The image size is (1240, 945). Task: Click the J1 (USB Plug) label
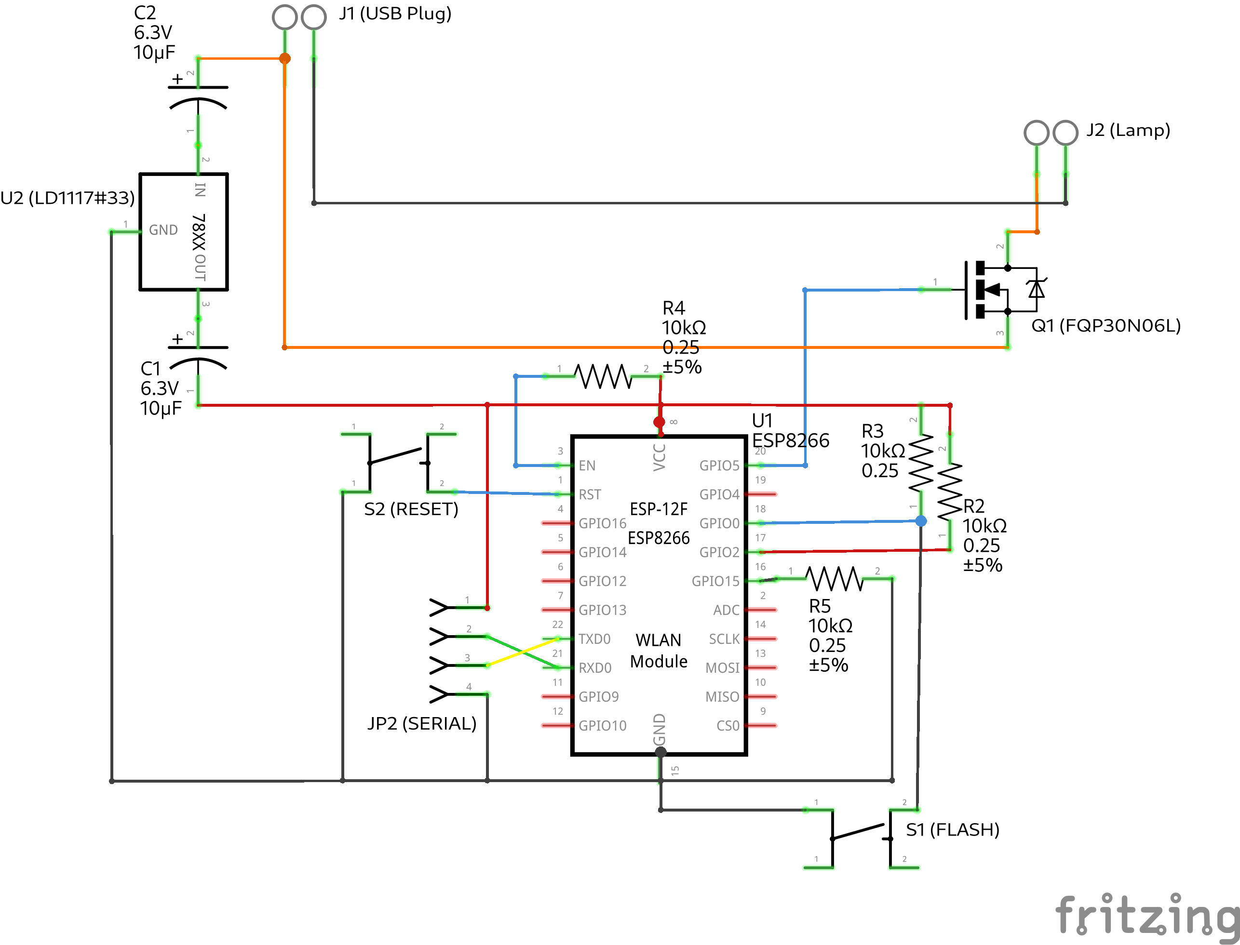pos(395,13)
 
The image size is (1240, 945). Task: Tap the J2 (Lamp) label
pos(1128,130)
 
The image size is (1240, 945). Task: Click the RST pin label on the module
pos(590,494)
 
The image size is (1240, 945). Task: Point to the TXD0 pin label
pos(594,639)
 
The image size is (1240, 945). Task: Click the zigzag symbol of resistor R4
pos(603,376)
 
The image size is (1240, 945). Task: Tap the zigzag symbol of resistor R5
pos(835,579)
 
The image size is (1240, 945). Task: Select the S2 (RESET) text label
pos(411,509)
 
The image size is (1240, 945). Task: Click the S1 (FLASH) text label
pos(952,830)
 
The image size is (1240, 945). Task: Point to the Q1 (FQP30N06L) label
pos(1105,326)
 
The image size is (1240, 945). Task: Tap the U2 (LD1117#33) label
pos(67,198)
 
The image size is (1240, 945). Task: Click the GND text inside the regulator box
pos(163,230)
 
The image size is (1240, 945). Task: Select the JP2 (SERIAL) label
pos(422,723)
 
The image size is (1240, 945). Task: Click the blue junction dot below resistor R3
pos(921,521)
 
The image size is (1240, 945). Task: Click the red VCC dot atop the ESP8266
pos(660,422)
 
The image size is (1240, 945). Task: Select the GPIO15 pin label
pos(715,581)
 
